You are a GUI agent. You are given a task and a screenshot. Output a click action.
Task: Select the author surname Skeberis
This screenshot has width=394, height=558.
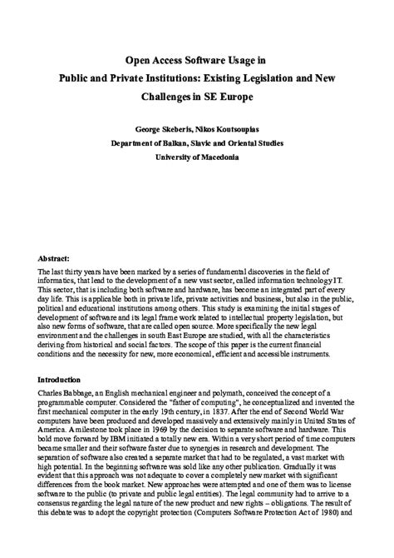point(188,131)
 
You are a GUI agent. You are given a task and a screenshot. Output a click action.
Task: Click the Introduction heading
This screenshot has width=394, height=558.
point(63,379)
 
